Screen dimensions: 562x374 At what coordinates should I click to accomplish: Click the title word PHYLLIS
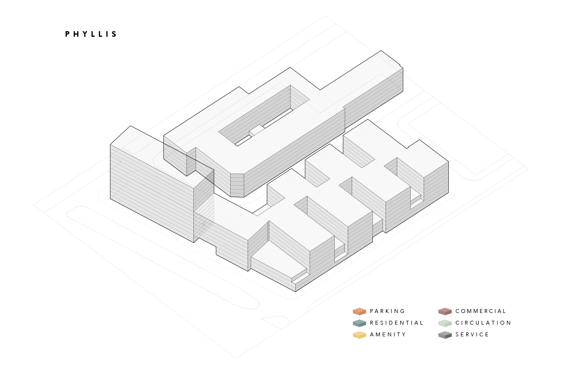tap(91, 34)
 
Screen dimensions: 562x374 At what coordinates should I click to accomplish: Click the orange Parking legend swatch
tap(359, 311)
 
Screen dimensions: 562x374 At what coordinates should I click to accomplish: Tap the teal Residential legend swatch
tap(359, 323)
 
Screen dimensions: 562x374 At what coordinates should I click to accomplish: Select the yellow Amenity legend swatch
tap(359, 335)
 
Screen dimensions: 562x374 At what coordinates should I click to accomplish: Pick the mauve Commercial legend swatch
tap(445, 311)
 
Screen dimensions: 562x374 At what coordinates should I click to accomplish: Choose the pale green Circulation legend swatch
tap(445, 323)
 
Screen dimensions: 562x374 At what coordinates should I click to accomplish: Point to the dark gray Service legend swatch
tap(445, 335)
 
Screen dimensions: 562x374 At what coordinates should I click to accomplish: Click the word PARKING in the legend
tap(387, 311)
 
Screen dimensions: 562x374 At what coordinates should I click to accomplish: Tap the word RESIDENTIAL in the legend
tap(396, 323)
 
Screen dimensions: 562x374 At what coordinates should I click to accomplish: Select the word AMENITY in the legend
tap(388, 335)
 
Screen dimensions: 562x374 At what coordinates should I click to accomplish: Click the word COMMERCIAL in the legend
tap(480, 311)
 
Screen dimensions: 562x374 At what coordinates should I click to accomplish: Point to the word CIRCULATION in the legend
tap(483, 323)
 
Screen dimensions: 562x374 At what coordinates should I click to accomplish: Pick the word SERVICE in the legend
tap(472, 335)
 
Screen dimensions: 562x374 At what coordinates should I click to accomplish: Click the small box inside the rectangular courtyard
tap(256, 130)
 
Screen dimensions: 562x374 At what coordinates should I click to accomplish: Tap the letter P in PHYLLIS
tap(68, 34)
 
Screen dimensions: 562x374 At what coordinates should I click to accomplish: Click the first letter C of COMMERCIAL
tap(457, 311)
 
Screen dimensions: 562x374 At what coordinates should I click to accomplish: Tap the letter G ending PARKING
tap(403, 311)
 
